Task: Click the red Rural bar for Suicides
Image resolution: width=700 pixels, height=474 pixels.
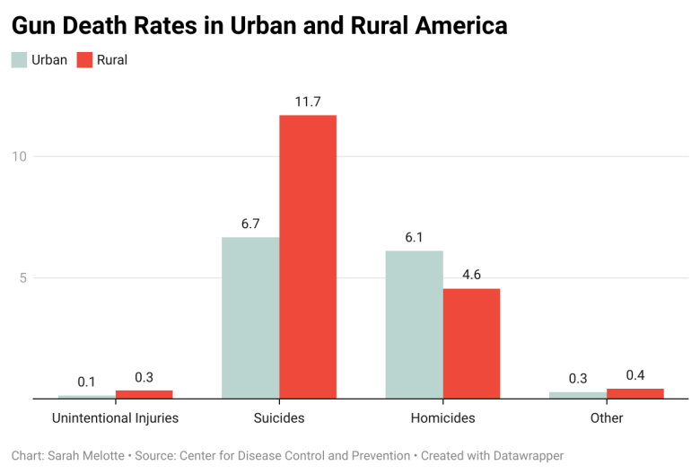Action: click(308, 257)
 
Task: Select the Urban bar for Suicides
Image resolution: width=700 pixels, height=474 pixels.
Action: click(250, 318)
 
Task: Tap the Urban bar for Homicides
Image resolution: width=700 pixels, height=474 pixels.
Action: click(414, 324)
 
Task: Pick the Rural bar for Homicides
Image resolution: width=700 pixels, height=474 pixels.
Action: click(471, 343)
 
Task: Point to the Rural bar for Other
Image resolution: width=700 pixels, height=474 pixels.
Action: click(635, 394)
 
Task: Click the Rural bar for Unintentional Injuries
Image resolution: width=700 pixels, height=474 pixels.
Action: click(144, 394)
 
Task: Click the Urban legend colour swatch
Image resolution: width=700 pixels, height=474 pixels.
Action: click(19, 60)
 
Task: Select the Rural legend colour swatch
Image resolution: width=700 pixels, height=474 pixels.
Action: click(84, 60)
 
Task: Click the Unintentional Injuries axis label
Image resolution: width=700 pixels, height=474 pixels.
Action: click(115, 418)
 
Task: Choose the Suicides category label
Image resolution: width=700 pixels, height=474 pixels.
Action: click(279, 418)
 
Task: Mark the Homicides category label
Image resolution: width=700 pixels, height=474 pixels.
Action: click(442, 418)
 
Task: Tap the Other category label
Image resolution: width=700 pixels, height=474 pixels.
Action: click(607, 418)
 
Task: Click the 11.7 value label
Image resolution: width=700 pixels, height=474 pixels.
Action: click(308, 102)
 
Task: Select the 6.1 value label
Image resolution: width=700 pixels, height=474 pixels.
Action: click(414, 238)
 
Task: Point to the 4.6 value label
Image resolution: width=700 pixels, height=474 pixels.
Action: click(471, 275)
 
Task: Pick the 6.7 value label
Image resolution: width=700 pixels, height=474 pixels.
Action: click(250, 224)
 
